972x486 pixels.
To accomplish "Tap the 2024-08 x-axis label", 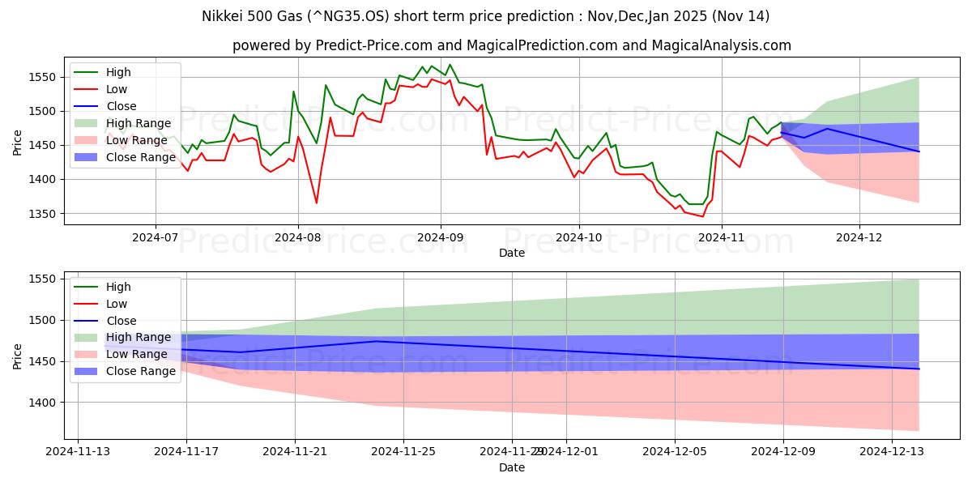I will pos(297,237).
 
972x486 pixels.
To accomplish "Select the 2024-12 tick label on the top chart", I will pos(859,237).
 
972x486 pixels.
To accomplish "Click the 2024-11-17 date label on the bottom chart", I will pos(186,451).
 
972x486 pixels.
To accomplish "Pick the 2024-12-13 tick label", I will pos(892,451).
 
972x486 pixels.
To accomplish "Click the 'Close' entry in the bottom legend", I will pos(122,321).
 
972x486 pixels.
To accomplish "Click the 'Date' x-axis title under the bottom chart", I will pos(511,467).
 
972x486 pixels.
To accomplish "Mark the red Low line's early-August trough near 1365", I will pos(316,203).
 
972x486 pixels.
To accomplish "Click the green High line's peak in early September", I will pos(450,65).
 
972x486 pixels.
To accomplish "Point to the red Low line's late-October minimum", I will pos(702,216).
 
